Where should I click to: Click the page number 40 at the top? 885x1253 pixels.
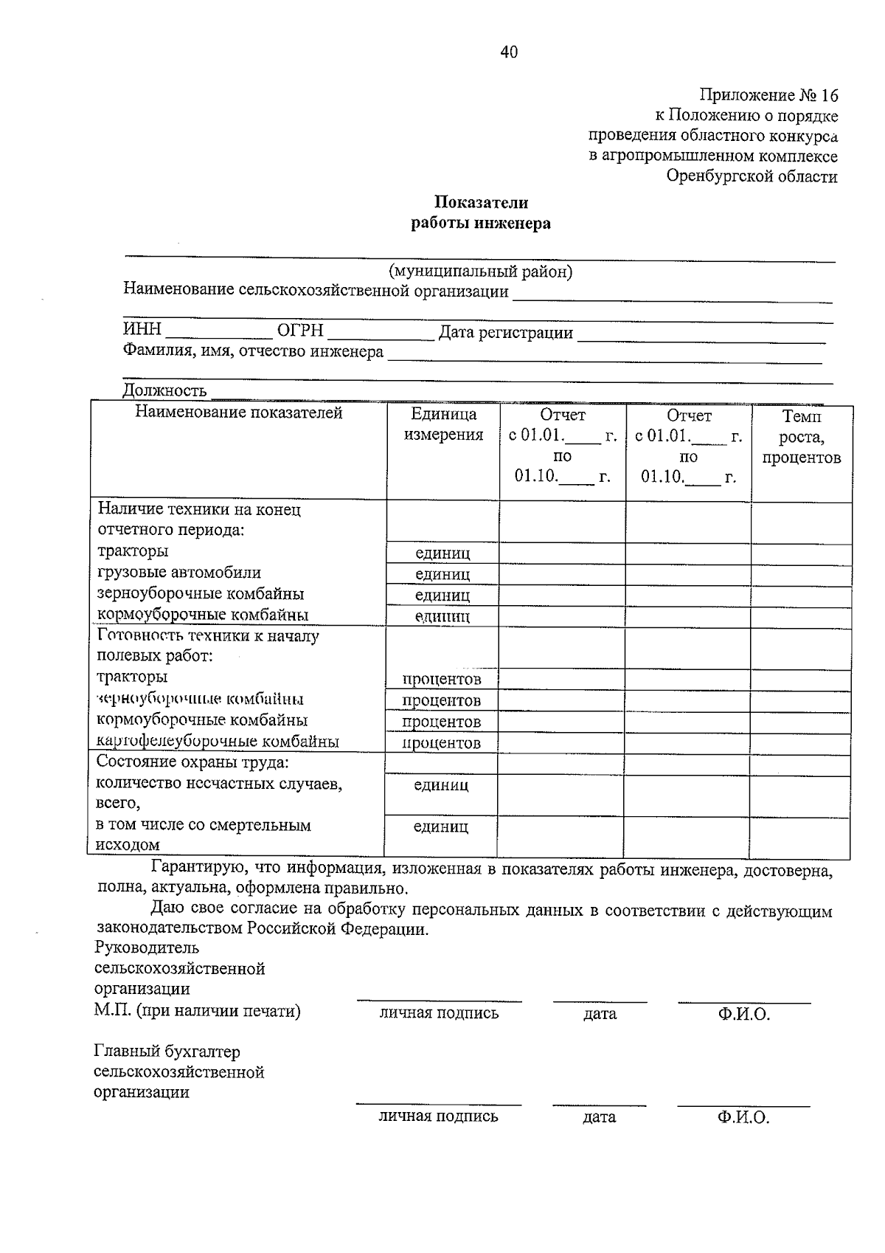coord(509,52)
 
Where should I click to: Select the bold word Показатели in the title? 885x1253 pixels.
coord(481,202)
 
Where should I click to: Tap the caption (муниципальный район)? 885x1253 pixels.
coord(481,272)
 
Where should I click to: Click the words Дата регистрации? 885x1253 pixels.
coord(506,333)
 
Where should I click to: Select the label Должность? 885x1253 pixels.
coord(164,390)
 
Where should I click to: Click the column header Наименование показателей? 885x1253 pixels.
coord(238,413)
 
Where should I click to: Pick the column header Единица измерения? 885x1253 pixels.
coord(443,424)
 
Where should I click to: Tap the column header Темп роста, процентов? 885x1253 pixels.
coord(802,437)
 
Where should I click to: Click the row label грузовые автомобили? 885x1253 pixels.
coord(179,573)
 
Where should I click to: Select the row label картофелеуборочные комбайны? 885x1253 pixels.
coord(218,742)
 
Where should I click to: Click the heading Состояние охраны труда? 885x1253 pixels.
coord(192,762)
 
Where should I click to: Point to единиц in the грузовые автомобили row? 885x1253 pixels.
coord(442,574)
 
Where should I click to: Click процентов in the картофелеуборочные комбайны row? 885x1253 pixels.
coord(441,743)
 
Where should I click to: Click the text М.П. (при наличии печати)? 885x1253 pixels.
coord(197,1011)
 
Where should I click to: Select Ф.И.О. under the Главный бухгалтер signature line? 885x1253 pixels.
coord(743,1117)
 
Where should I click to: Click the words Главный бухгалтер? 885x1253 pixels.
coord(167,1051)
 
